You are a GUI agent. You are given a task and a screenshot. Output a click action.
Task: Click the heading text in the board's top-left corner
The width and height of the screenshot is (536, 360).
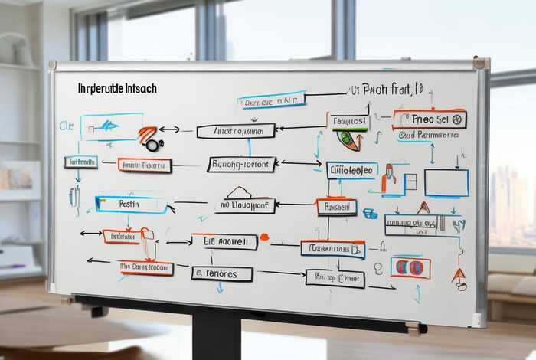coord(117,89)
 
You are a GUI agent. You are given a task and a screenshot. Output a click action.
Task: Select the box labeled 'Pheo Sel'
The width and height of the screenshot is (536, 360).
coord(430,119)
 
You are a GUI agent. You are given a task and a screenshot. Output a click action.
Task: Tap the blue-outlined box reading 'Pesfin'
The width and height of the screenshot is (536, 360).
coord(131,205)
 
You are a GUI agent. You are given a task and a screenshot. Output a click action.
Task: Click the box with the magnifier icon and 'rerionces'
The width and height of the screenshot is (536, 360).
coord(221,273)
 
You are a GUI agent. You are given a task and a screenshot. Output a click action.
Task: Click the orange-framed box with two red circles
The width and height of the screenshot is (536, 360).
coord(410,267)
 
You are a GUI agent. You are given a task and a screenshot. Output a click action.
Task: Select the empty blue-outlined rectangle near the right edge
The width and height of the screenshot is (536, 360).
coord(446,183)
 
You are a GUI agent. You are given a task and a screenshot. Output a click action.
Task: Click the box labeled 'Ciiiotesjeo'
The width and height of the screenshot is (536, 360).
coord(351,169)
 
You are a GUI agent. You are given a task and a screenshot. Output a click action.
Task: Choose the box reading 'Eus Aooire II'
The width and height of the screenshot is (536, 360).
coord(224,241)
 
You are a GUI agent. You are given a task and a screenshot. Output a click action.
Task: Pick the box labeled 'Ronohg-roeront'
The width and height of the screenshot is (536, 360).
coord(241,164)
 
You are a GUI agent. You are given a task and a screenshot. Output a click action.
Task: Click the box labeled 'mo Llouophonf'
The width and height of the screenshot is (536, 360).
coord(246,205)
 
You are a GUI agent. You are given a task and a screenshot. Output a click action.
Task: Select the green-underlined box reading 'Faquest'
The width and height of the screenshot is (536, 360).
coord(348,121)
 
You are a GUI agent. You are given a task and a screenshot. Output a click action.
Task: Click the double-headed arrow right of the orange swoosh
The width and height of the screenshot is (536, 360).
coord(169,129)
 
